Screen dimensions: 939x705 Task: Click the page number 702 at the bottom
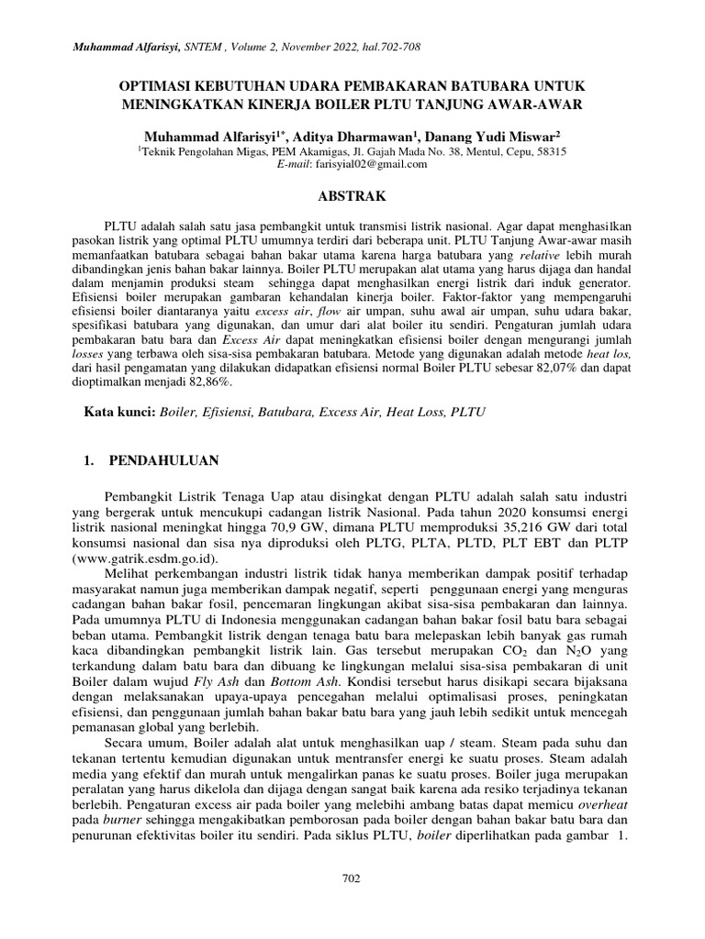coord(351,878)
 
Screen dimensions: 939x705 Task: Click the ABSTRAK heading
coord(352,196)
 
